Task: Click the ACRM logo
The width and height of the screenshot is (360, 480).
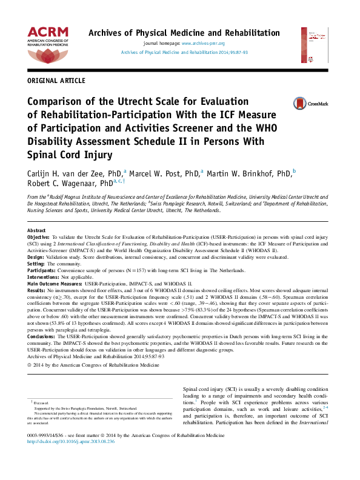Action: (x=48, y=44)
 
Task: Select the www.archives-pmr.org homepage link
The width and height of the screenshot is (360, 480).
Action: (x=203, y=44)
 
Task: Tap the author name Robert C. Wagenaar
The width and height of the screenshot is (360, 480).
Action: (x=70, y=182)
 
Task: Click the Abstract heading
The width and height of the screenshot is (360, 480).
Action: (x=37, y=231)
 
